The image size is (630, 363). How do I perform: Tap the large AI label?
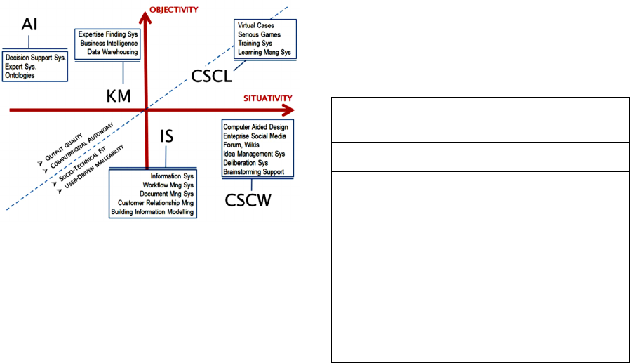click(30, 25)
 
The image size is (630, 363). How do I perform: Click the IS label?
click(167, 136)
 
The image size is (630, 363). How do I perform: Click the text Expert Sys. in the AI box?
click(20, 67)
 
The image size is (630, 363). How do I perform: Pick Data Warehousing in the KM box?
click(112, 51)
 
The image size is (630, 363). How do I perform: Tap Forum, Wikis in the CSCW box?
click(242, 145)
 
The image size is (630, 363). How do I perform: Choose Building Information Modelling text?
click(152, 212)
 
